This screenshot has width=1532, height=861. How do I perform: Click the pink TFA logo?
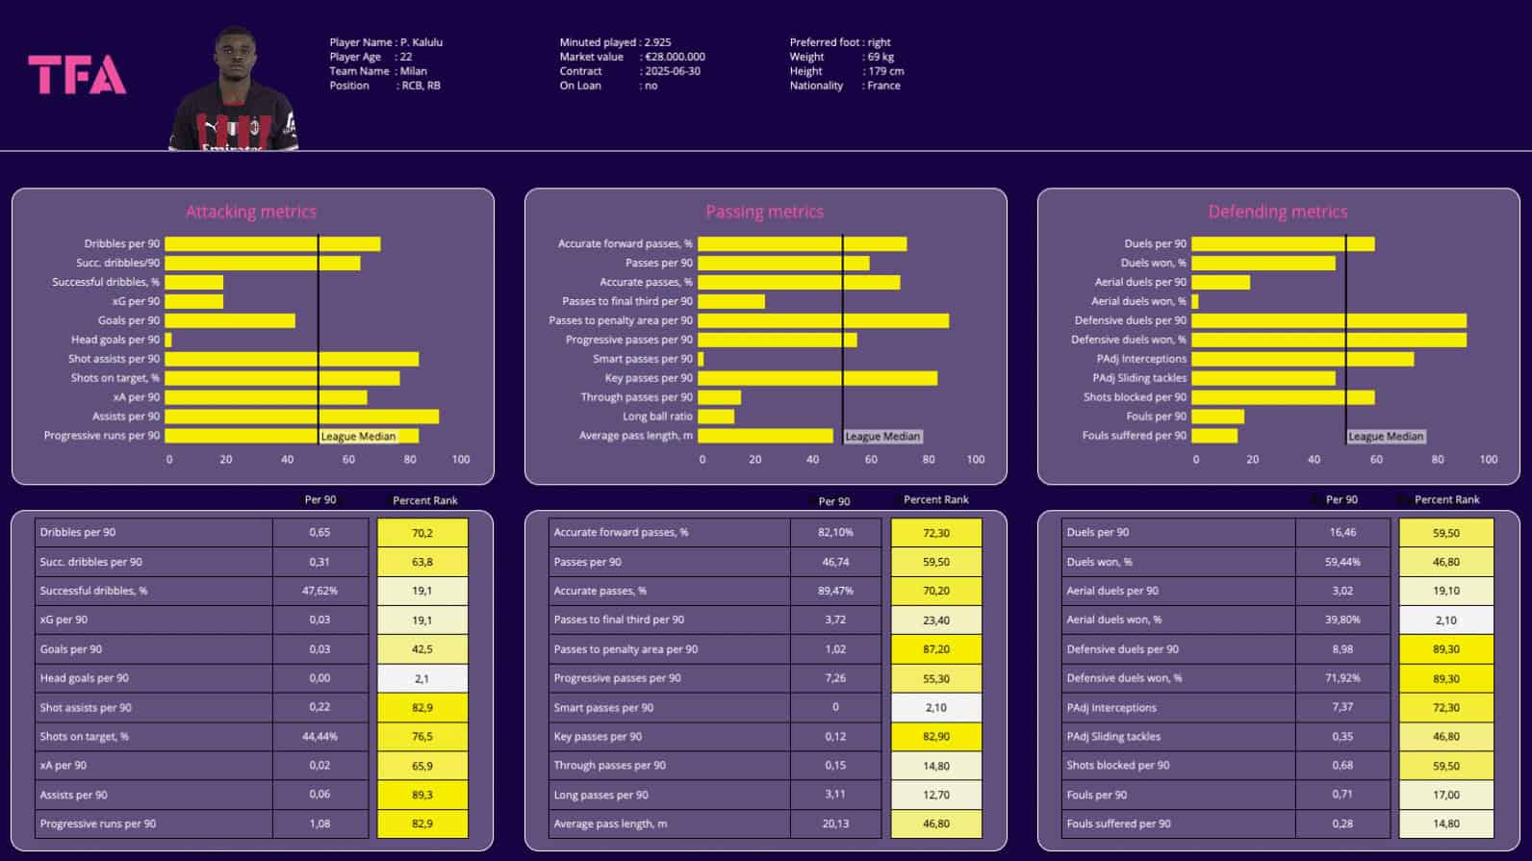[77, 75]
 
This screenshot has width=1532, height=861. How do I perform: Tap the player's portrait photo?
[234, 91]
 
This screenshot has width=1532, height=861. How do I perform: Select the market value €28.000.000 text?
[675, 57]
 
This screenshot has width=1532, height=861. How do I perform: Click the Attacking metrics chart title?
[251, 212]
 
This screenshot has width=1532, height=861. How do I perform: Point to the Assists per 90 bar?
[301, 417]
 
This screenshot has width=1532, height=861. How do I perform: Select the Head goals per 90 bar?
[168, 340]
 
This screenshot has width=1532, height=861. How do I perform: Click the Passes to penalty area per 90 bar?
[823, 320]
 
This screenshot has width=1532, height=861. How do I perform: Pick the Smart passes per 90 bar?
[701, 359]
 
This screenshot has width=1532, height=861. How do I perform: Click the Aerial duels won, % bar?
[1194, 301]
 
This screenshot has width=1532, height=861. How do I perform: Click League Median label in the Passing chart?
[882, 437]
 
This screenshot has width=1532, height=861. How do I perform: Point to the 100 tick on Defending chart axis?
[1488, 460]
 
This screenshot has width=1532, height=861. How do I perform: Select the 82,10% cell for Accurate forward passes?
[835, 532]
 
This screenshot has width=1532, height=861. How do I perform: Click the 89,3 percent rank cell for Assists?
[422, 795]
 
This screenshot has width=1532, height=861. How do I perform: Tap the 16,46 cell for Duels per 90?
[1342, 532]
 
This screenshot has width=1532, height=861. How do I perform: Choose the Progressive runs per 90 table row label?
[98, 823]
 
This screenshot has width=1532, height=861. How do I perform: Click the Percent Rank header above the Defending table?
[1446, 499]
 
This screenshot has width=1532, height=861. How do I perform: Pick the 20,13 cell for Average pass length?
[835, 823]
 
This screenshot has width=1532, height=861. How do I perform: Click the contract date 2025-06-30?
[673, 71]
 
